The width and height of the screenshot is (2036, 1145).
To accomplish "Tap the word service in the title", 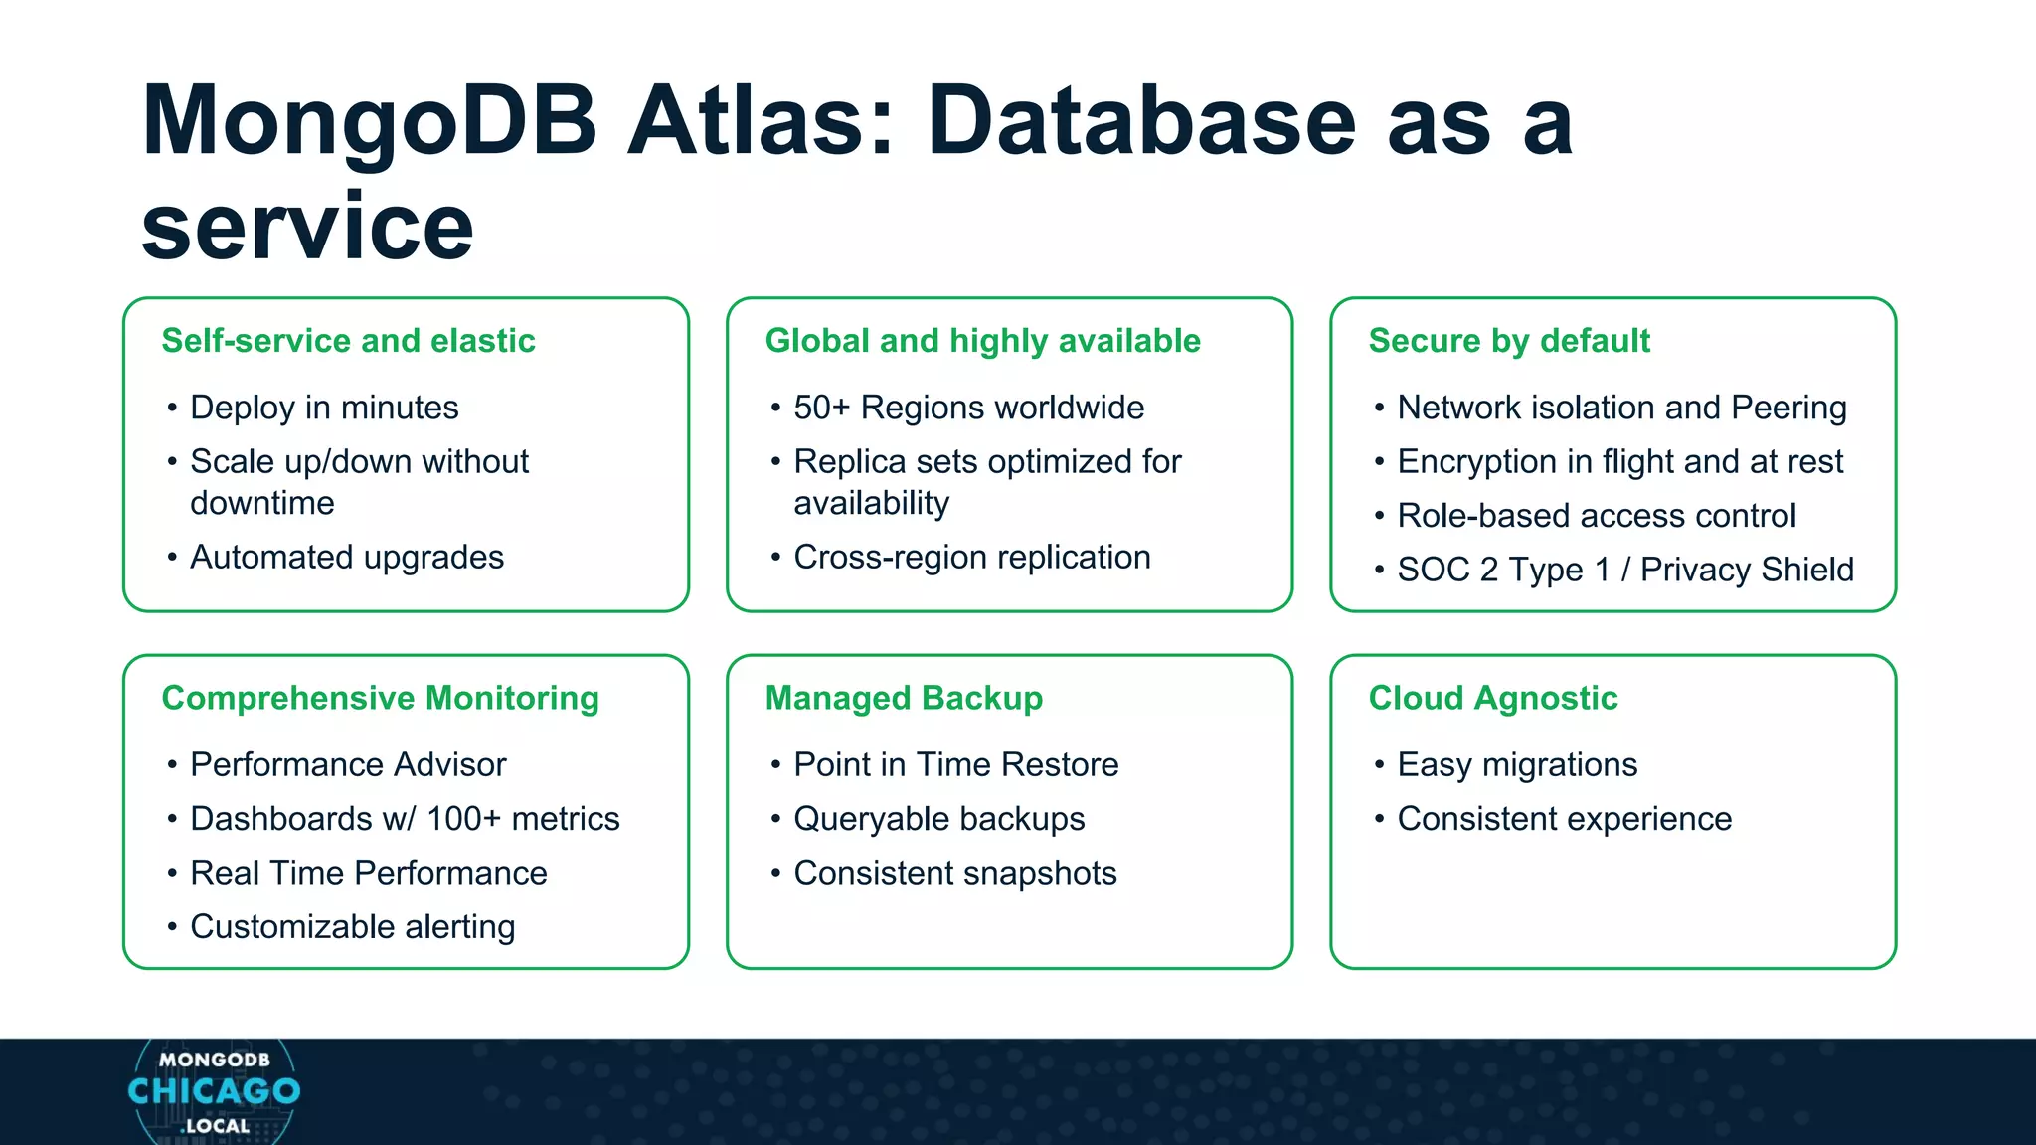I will (x=307, y=228).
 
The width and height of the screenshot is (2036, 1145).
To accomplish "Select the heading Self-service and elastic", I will (x=348, y=341).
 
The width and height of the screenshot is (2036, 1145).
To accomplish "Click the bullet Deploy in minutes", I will (x=324, y=408).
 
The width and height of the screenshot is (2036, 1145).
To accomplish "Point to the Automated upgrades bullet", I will (x=347, y=557).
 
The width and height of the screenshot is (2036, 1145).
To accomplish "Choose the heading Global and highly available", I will (x=982, y=341).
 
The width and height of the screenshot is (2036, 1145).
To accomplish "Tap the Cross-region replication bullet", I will (x=971, y=557).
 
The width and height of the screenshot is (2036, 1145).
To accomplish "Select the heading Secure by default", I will (x=1508, y=341).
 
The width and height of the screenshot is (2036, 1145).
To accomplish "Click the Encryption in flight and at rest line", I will (x=1619, y=461).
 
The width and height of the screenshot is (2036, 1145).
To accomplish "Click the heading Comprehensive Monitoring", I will (x=380, y=698).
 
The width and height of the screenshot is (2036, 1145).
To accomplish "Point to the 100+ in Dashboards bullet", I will (x=463, y=819).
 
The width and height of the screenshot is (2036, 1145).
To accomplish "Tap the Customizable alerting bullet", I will (x=352, y=926).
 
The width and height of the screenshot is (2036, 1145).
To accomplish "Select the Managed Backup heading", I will (x=904, y=698).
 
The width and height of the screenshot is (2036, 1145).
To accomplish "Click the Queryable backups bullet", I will (x=938, y=819).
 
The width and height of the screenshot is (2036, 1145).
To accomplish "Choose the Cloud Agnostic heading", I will (x=1492, y=698).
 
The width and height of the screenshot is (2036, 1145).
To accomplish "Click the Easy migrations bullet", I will (x=1516, y=764).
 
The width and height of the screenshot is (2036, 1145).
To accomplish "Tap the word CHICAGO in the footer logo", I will (x=214, y=1091).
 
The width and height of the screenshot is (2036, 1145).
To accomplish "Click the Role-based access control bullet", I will (x=1596, y=516).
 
